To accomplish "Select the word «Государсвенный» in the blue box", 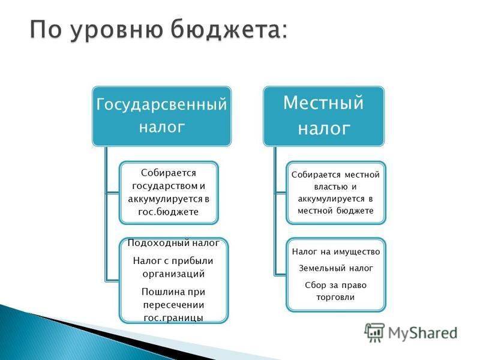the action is [x=161, y=104].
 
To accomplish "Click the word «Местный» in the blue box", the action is [x=323, y=102].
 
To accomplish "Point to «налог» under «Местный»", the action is [x=324, y=128].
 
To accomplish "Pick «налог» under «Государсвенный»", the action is [x=162, y=127].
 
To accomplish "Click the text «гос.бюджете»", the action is [x=168, y=212].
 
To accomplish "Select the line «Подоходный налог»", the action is [x=173, y=243].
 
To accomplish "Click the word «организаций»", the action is [x=173, y=274].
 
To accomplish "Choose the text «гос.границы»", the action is [x=173, y=318].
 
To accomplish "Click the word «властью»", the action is [x=326, y=187].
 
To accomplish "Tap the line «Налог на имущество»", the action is [x=336, y=252].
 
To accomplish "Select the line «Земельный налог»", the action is [x=336, y=268].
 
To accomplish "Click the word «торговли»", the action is [x=335, y=297].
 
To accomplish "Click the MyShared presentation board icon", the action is [x=374, y=332].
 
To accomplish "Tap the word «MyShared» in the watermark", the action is [x=423, y=333].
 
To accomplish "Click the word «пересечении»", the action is [x=173, y=305].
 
